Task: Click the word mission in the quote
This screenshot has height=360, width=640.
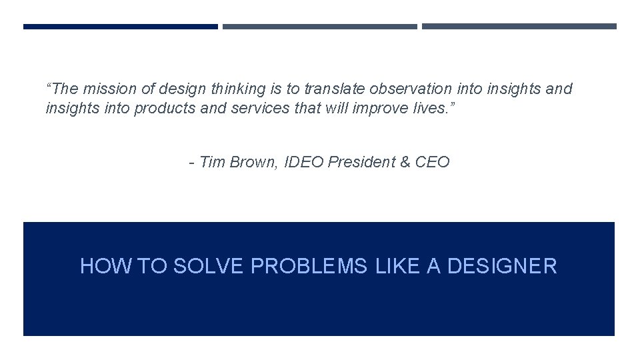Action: click(x=105, y=89)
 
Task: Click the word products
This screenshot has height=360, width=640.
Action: click(x=165, y=108)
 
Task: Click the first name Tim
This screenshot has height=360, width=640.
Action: click(x=213, y=162)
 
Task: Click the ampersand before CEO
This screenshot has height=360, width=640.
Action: click(x=405, y=162)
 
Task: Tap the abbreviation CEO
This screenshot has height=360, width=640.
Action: click(x=433, y=162)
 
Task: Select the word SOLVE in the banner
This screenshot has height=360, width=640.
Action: click(x=209, y=267)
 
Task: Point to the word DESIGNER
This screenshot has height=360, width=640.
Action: click(x=502, y=267)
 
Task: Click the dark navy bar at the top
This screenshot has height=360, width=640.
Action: click(x=121, y=27)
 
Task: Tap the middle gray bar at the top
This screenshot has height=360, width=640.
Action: click(x=320, y=27)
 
